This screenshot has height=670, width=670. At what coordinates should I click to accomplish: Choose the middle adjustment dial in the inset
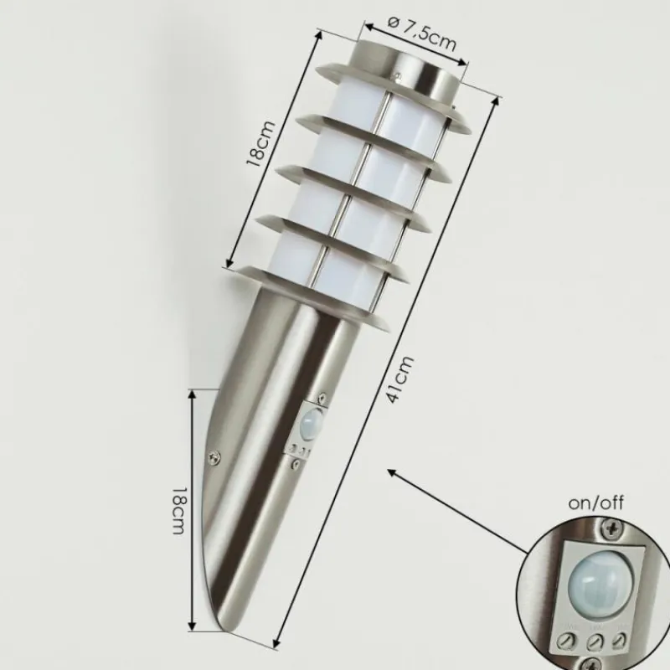coord(595,642)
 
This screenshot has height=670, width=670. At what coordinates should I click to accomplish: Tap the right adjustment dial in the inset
coord(620,640)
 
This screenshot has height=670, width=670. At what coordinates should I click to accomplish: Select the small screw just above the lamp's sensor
coord(320,397)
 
